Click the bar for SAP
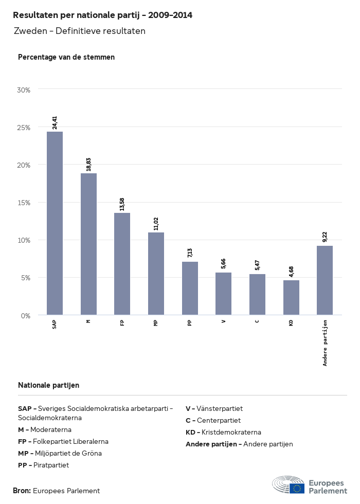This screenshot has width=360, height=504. point(55,223)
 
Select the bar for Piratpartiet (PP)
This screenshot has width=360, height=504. point(190,288)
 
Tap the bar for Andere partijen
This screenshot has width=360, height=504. point(325,280)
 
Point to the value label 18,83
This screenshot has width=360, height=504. point(88,165)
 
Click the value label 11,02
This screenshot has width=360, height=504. point(156,224)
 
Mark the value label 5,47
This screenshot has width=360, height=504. point(257,266)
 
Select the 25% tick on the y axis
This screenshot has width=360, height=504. point(24,127)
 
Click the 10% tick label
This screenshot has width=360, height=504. point(24,240)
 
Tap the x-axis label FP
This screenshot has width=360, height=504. point(122,323)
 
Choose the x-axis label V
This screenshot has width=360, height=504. point(223,321)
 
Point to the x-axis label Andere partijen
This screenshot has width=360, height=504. point(325,343)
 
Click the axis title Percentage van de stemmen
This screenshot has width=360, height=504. point(66,57)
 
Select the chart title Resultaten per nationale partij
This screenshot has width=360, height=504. point(102,15)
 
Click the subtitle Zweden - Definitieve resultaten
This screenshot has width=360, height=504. point(80,31)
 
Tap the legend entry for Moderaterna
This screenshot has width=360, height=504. point(45,429)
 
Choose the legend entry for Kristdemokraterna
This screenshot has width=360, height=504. point(223,432)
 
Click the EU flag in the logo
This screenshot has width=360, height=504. point(297,488)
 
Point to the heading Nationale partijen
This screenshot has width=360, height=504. point(48,385)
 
